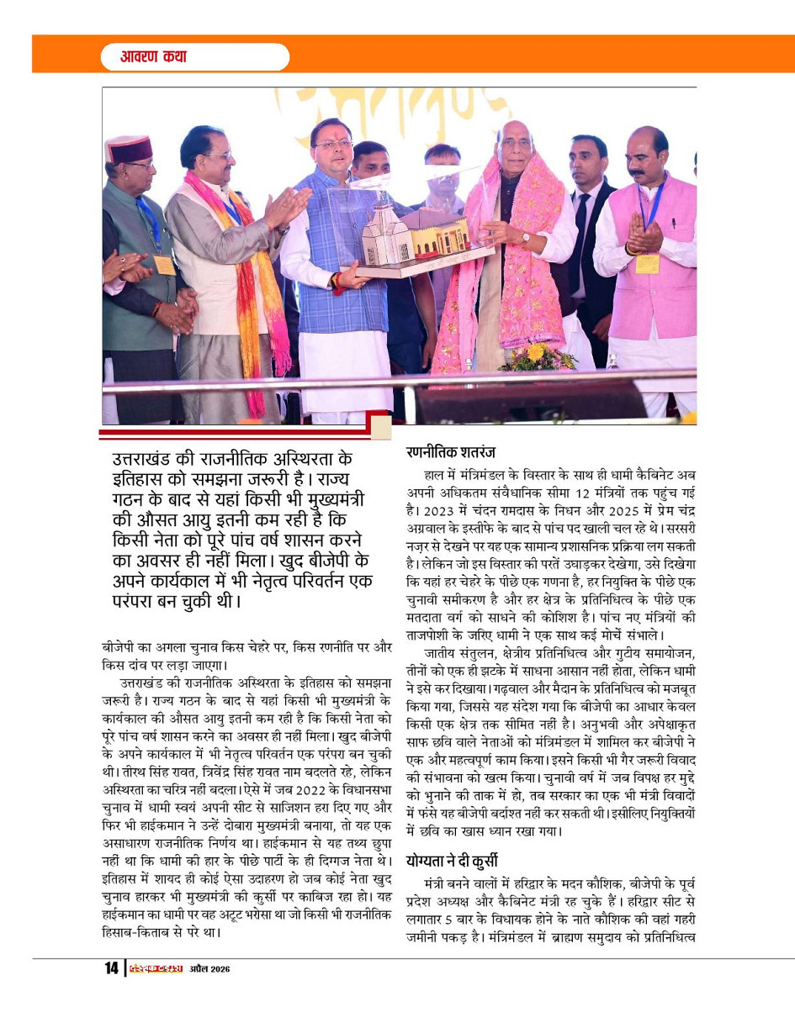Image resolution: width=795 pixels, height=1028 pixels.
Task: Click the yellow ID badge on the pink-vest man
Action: [647, 263]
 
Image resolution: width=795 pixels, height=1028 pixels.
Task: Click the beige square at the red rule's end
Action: [381, 427]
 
